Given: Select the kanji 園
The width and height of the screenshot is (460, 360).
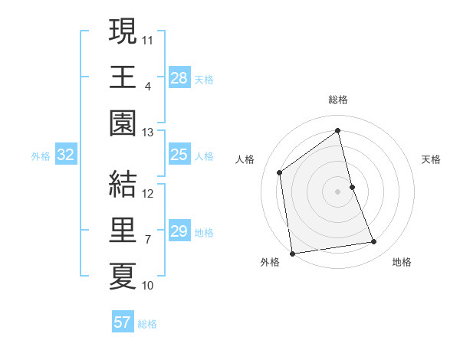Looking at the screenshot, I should pyautogui.click(x=123, y=123).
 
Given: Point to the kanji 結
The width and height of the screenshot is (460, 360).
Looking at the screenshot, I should pyautogui.click(x=123, y=183).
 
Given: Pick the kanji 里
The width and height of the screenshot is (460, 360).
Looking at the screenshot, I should pyautogui.click(x=123, y=229).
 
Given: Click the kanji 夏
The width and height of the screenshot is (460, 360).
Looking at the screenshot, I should pyautogui.click(x=123, y=276).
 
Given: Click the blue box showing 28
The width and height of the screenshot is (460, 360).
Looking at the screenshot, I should pyautogui.click(x=179, y=77).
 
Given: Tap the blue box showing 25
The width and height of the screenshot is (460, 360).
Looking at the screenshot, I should pyautogui.click(x=179, y=155).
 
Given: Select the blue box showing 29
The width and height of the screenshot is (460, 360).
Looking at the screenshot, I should pyautogui.click(x=179, y=231).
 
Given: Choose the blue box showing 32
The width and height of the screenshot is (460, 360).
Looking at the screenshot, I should pyautogui.click(x=66, y=155).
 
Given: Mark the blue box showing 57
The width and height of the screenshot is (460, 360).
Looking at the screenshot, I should pyautogui.click(x=123, y=322).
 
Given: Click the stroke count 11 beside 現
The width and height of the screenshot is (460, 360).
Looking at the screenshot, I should pyautogui.click(x=148, y=39).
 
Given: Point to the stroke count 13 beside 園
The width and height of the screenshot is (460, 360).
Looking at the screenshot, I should pyautogui.click(x=148, y=133).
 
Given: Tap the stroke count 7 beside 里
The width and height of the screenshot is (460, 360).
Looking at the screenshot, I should pyautogui.click(x=148, y=240).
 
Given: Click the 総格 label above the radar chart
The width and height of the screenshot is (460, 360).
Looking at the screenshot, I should pyautogui.click(x=338, y=100).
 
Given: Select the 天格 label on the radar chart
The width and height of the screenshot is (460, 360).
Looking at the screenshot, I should pyautogui.click(x=431, y=159).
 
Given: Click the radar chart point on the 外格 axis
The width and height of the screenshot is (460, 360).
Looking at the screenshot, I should pyautogui.click(x=292, y=254).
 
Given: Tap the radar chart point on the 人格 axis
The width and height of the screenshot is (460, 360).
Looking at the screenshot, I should pyautogui.click(x=280, y=172).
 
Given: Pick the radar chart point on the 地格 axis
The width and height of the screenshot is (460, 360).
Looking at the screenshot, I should pyautogui.click(x=374, y=242).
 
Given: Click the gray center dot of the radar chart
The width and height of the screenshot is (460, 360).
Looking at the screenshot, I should pyautogui.click(x=338, y=191).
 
